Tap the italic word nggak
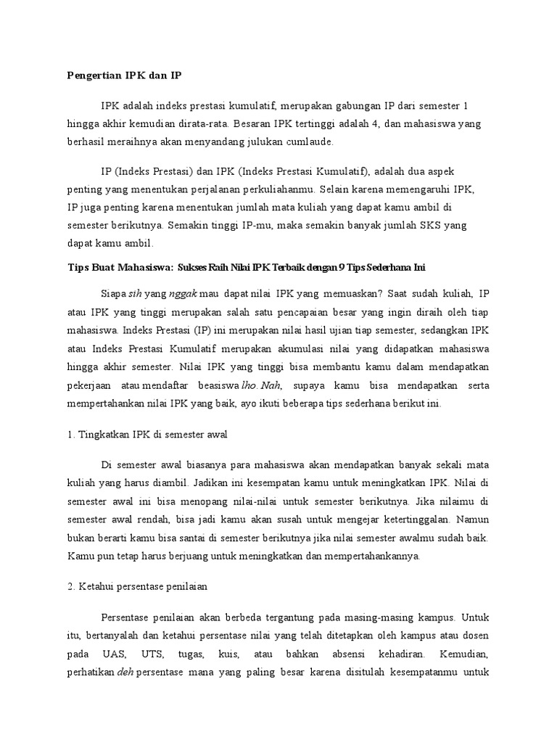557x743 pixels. (183, 294)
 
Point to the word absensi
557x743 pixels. (368, 652)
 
